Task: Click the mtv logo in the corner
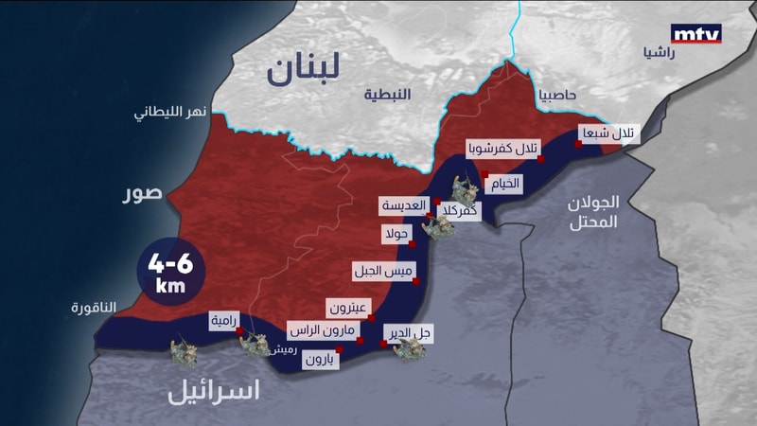coord(695,34)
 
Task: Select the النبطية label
coord(388,95)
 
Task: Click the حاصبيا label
coord(564,96)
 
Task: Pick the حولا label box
coord(396,233)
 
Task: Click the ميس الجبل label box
coord(383,271)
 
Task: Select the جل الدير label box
coord(410,333)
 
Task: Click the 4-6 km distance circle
coord(171,271)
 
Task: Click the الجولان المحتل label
coord(593,213)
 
